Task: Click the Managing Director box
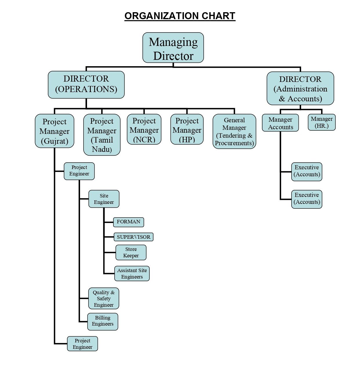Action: (x=173, y=48)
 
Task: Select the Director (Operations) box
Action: (x=86, y=85)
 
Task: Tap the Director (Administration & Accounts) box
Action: (x=300, y=88)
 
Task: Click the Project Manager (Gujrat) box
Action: (x=55, y=131)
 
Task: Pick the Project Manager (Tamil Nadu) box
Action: (x=102, y=135)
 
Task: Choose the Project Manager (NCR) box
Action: (x=144, y=129)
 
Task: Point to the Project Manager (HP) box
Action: (x=187, y=129)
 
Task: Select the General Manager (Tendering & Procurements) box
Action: (x=234, y=131)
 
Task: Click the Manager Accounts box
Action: (x=280, y=123)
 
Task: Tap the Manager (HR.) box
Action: (x=321, y=122)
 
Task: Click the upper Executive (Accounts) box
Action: (x=307, y=172)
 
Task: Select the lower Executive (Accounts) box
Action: (x=307, y=199)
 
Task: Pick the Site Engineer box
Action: (x=104, y=199)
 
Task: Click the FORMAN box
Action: (x=129, y=222)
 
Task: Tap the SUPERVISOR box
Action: (x=133, y=237)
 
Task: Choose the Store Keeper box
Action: (x=131, y=252)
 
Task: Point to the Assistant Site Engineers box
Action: (x=132, y=274)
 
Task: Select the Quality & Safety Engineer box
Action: (x=104, y=299)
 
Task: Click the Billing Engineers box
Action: (x=103, y=321)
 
